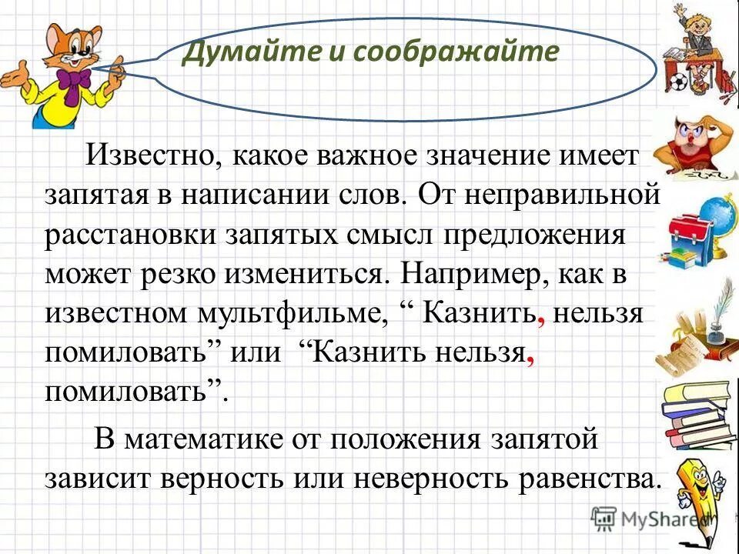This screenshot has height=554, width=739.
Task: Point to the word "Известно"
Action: click(x=149, y=157)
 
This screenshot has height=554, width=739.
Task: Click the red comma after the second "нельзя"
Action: click(x=529, y=359)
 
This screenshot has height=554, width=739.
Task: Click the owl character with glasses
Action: click(x=692, y=142)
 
